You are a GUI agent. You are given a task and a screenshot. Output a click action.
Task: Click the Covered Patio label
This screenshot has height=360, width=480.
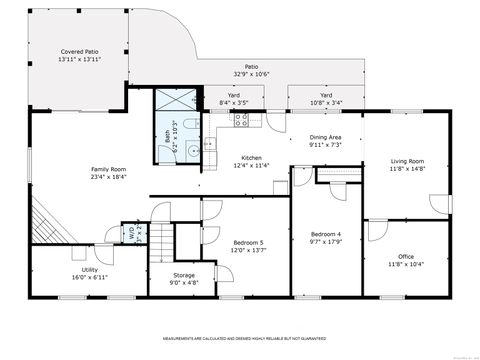pyautogui.click(x=80, y=50)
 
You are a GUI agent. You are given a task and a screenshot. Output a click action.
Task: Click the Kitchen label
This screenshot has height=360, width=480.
pyautogui.click(x=251, y=158)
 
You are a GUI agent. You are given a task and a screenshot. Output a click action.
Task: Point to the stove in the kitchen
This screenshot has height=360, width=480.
pyautogui.click(x=241, y=121)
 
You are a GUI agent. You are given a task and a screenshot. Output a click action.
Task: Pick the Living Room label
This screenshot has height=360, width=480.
pyautogui.click(x=407, y=161)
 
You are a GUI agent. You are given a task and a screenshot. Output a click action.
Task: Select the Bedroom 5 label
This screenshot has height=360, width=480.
pyautogui.click(x=248, y=243)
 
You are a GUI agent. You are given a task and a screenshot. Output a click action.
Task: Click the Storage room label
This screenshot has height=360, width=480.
pyautogui.click(x=183, y=275)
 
